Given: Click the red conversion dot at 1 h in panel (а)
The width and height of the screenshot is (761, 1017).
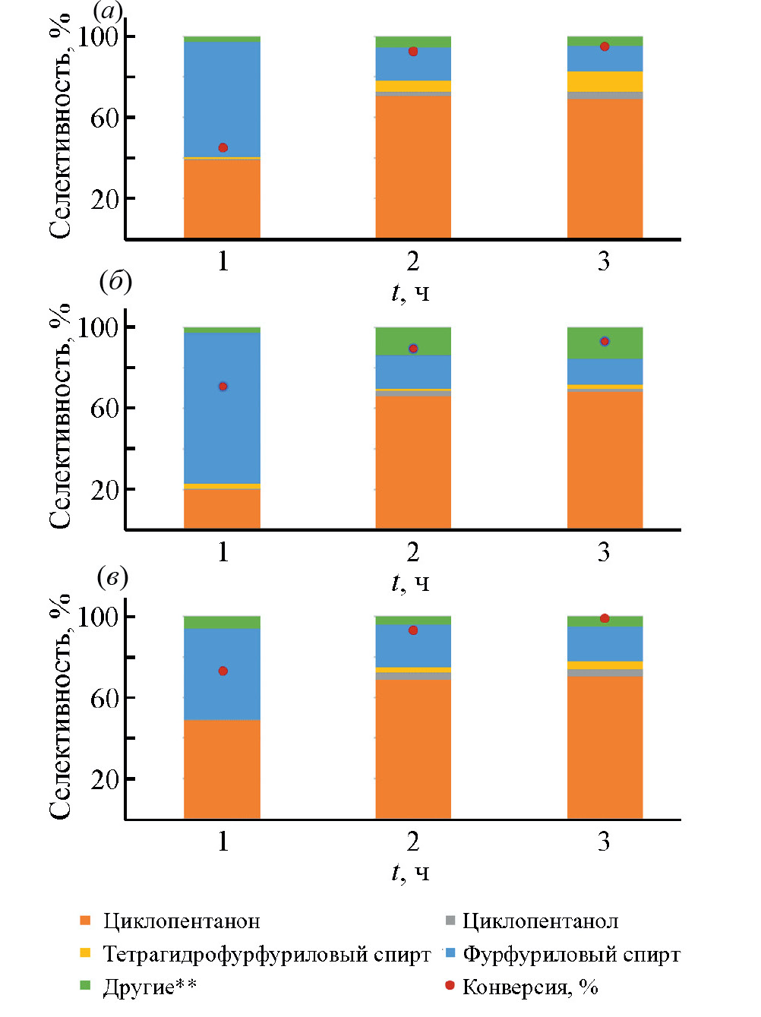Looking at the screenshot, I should pos(223,147).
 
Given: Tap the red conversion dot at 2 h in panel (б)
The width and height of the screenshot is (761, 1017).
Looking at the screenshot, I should pos(413,349).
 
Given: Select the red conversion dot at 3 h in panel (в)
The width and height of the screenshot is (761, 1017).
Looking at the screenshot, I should pos(605,618).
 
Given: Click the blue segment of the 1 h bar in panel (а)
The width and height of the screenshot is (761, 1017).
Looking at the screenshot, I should pos(222,99).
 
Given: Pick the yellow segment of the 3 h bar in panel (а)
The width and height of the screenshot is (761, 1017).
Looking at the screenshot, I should pos(605,81).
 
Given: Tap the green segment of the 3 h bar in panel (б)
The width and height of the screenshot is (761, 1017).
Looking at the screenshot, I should pos(605,343).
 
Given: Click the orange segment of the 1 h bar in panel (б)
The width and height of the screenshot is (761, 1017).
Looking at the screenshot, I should pos(222,508).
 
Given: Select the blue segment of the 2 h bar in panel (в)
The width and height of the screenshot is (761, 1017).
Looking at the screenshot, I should pos(413,646).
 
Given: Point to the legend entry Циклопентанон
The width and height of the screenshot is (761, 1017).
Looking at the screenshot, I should pos(181,921).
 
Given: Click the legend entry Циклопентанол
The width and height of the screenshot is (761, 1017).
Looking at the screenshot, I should pos(540,921).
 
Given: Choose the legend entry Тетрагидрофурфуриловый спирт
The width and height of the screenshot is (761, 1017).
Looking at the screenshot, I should pos(266,954).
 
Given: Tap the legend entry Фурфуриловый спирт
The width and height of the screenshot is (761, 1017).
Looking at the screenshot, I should pos(571,954).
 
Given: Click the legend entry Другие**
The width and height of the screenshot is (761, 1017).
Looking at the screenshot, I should pos(150,987).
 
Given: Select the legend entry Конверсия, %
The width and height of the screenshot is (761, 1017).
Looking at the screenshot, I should pos(529,987).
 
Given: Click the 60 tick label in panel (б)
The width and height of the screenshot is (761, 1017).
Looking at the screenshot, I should pos(105,408).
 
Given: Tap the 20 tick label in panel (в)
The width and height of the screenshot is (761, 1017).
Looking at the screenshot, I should pos(105,779).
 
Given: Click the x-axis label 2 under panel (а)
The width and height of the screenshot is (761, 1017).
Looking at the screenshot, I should pos(413,261).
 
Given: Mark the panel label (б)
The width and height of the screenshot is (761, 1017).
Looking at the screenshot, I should pos(115,282).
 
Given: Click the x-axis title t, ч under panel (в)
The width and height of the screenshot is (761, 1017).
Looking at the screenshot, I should pos(411,873).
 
